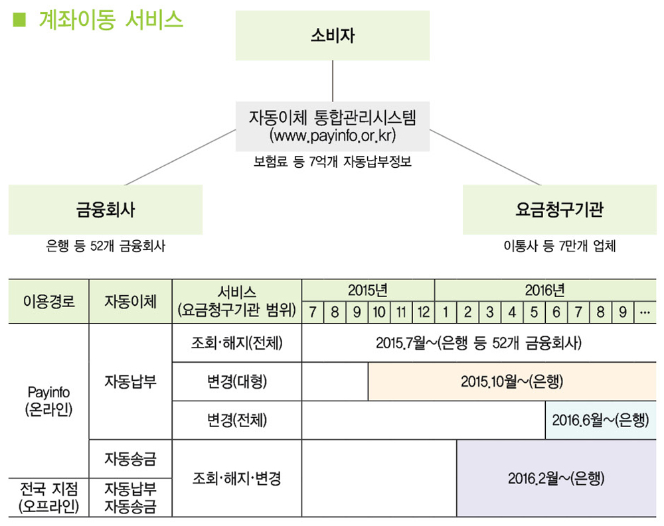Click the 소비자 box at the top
pos(332,36)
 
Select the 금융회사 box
pos(105,210)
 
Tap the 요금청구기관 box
pos(559,210)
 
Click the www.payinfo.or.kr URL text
pos(333,136)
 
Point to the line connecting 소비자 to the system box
pos(332,81)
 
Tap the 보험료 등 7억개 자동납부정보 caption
pos(333,162)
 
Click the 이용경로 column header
pos(48,302)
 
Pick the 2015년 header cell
pos(367,290)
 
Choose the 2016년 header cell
pos(544,290)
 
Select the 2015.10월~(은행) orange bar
pos(511,381)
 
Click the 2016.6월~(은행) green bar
pos(600,420)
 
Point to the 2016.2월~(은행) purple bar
pos(556,478)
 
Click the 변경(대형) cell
pos(236,381)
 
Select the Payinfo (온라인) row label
pos(48,401)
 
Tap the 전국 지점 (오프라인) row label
pos(48,497)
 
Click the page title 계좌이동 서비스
pos(110,20)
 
